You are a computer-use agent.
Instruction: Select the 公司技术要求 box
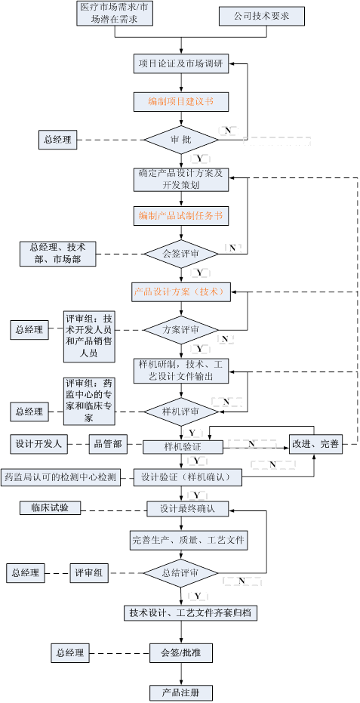pos(262,16)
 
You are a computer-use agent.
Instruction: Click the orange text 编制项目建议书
pos(181,101)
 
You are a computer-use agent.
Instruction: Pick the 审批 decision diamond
pos(181,140)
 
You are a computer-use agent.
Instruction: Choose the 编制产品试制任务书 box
pos(181,216)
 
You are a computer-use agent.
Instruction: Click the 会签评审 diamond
pos(181,254)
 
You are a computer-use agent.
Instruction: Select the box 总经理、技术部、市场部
pos(57,254)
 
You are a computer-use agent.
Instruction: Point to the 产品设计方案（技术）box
pos(181,291)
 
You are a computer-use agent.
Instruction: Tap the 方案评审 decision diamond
pos(181,330)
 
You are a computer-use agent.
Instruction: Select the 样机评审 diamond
pos(181,412)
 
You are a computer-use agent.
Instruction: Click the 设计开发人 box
pos(38,444)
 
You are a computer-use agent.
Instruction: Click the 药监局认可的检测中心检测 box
pos(60,477)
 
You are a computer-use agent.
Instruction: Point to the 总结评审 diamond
pos(181,572)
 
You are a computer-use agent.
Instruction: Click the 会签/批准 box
pos(181,652)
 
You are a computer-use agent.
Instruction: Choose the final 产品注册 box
pos(181,692)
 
